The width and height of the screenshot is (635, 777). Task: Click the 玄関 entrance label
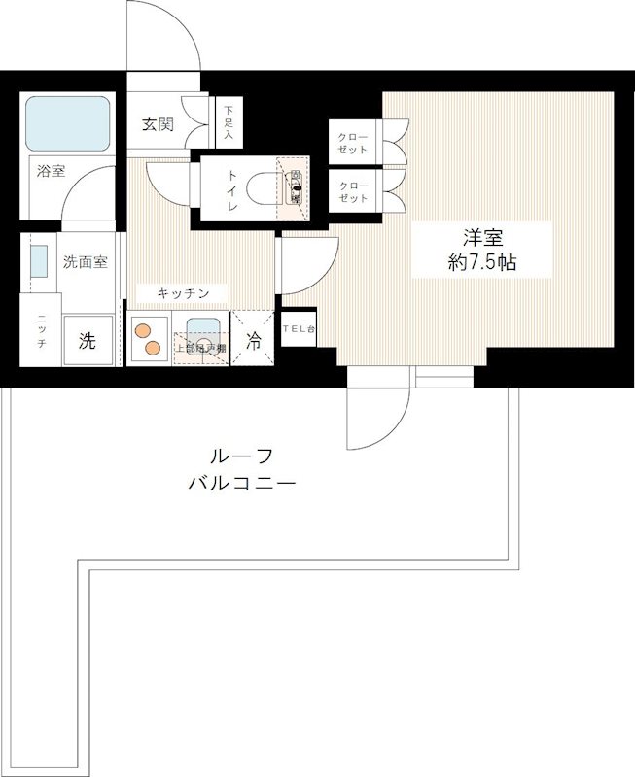(x=158, y=123)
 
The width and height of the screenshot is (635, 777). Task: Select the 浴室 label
(x=51, y=172)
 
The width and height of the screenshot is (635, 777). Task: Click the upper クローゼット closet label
(x=354, y=143)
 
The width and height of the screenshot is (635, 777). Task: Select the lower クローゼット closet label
(x=354, y=191)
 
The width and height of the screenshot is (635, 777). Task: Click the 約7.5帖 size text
(x=476, y=262)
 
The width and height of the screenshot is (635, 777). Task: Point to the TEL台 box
(x=299, y=329)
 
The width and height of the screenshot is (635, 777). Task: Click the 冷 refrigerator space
(x=253, y=341)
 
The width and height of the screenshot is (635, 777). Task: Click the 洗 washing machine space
(x=88, y=341)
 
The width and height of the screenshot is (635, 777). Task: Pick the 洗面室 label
(x=86, y=261)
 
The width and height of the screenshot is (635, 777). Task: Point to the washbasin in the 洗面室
(x=38, y=262)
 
